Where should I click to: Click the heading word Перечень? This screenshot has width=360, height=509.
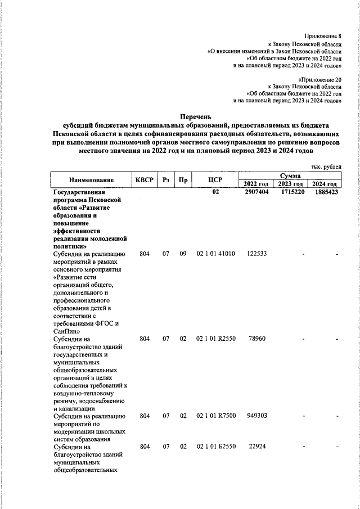(193, 116)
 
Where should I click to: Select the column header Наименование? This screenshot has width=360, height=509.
(91, 180)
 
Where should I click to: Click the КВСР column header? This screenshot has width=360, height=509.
(144, 180)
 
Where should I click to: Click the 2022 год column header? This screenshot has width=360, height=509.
(256, 184)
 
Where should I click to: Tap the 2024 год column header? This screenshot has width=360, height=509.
(325, 184)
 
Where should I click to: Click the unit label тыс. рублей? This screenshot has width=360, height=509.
(326, 167)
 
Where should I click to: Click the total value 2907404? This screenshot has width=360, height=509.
(256, 192)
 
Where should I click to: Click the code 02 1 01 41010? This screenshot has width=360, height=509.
(215, 254)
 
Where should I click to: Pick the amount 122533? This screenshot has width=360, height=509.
(256, 254)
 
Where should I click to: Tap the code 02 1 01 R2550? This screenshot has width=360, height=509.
(215, 339)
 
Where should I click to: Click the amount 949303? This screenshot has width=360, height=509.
(256, 416)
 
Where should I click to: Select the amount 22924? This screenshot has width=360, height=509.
(256, 447)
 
